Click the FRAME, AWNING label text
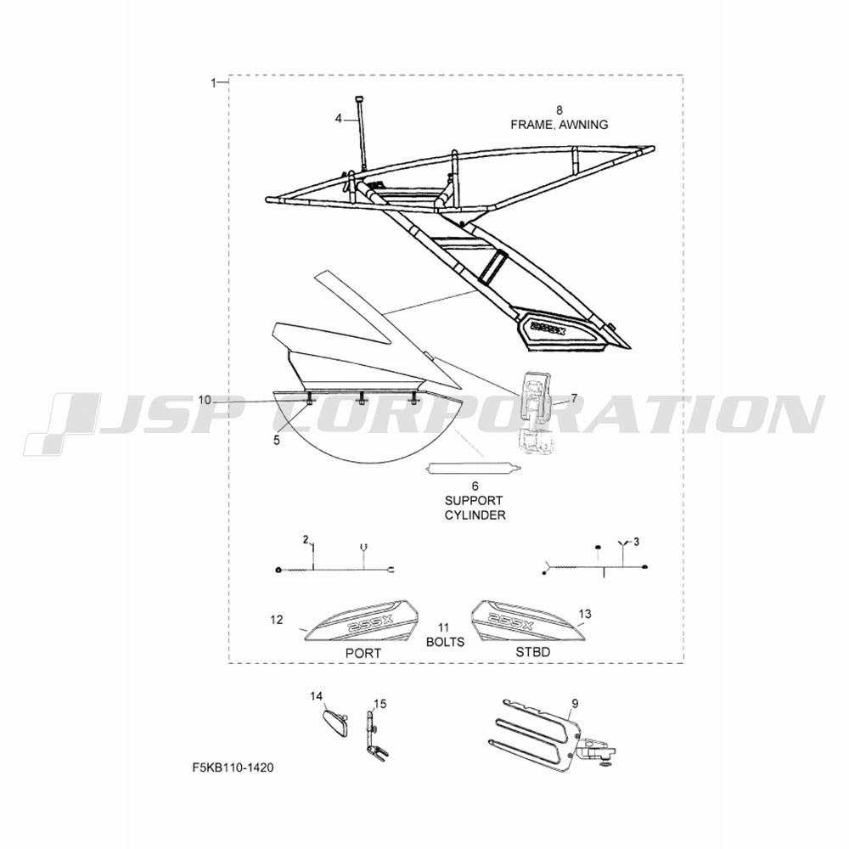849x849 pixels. click(559, 125)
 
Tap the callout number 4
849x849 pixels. click(339, 119)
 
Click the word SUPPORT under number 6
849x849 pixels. click(474, 501)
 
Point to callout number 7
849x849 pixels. click(574, 398)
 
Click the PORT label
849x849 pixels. click(363, 654)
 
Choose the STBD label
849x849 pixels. click(533, 652)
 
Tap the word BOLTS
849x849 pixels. click(445, 642)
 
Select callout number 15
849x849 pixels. click(380, 704)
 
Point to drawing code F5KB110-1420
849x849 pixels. click(233, 767)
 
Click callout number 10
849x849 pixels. click(204, 400)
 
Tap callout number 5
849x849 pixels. click(277, 441)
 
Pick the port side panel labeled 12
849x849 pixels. click(361, 621)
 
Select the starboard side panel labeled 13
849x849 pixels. click(527, 620)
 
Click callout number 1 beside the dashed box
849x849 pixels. click(213, 83)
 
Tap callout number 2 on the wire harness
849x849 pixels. click(306, 540)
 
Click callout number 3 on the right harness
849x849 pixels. click(636, 542)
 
